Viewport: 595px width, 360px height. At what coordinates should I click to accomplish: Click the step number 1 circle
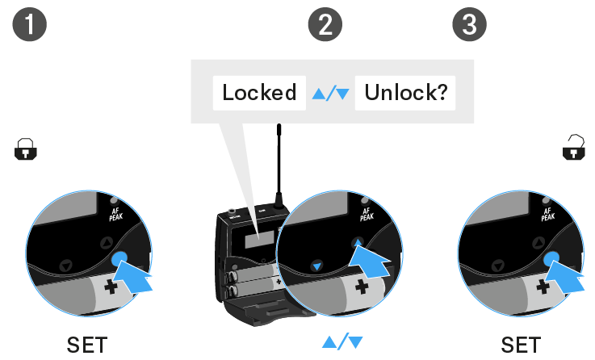coord(31,26)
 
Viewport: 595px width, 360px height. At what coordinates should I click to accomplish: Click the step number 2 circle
coord(325,26)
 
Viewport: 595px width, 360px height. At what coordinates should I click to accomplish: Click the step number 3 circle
coord(469,26)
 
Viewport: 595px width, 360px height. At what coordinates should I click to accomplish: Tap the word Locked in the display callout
coord(260,93)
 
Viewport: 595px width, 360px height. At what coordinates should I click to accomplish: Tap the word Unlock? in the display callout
coord(405,93)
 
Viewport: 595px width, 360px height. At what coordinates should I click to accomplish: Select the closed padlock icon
coord(26,149)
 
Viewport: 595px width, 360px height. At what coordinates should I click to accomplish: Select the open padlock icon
coord(574,148)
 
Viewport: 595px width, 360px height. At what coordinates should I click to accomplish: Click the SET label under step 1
coord(87,345)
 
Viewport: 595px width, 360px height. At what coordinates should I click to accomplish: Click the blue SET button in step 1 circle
coord(120,259)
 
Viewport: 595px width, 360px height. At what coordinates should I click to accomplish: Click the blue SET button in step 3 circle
coord(552,259)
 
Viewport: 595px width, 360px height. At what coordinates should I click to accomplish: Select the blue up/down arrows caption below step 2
coord(342,342)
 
